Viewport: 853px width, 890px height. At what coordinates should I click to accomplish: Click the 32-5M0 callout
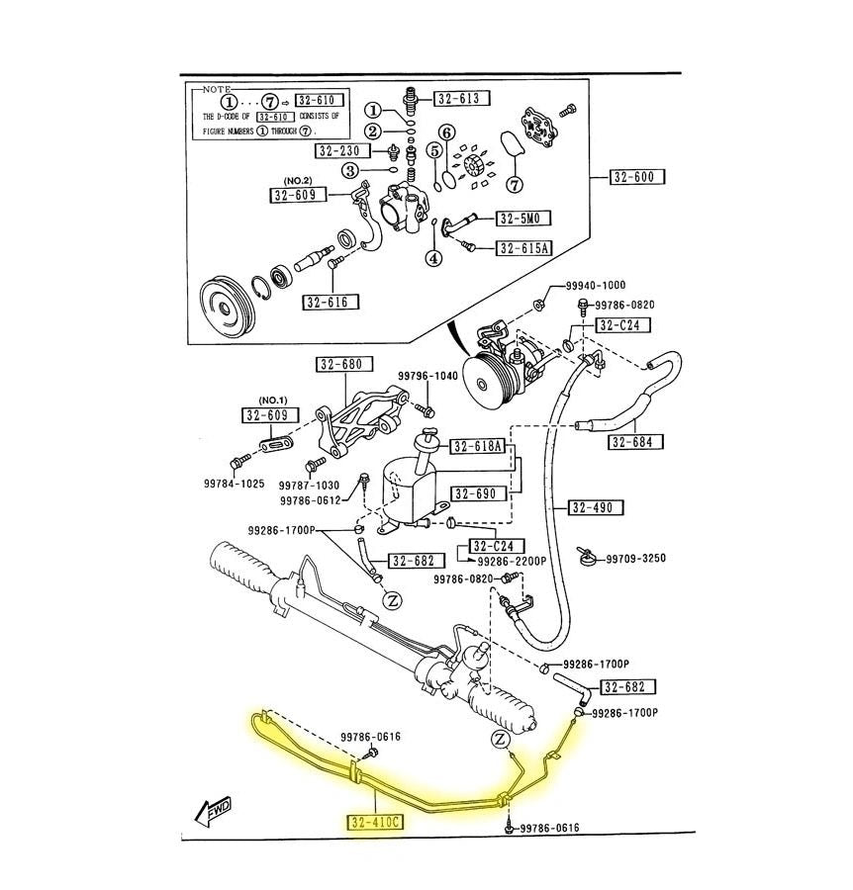523,219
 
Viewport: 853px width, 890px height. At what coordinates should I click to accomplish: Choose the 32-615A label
523,248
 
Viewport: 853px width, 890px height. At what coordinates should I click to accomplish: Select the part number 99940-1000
596,286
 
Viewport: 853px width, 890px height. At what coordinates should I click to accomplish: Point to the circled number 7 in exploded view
514,185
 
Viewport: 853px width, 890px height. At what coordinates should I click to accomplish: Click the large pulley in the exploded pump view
227,308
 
